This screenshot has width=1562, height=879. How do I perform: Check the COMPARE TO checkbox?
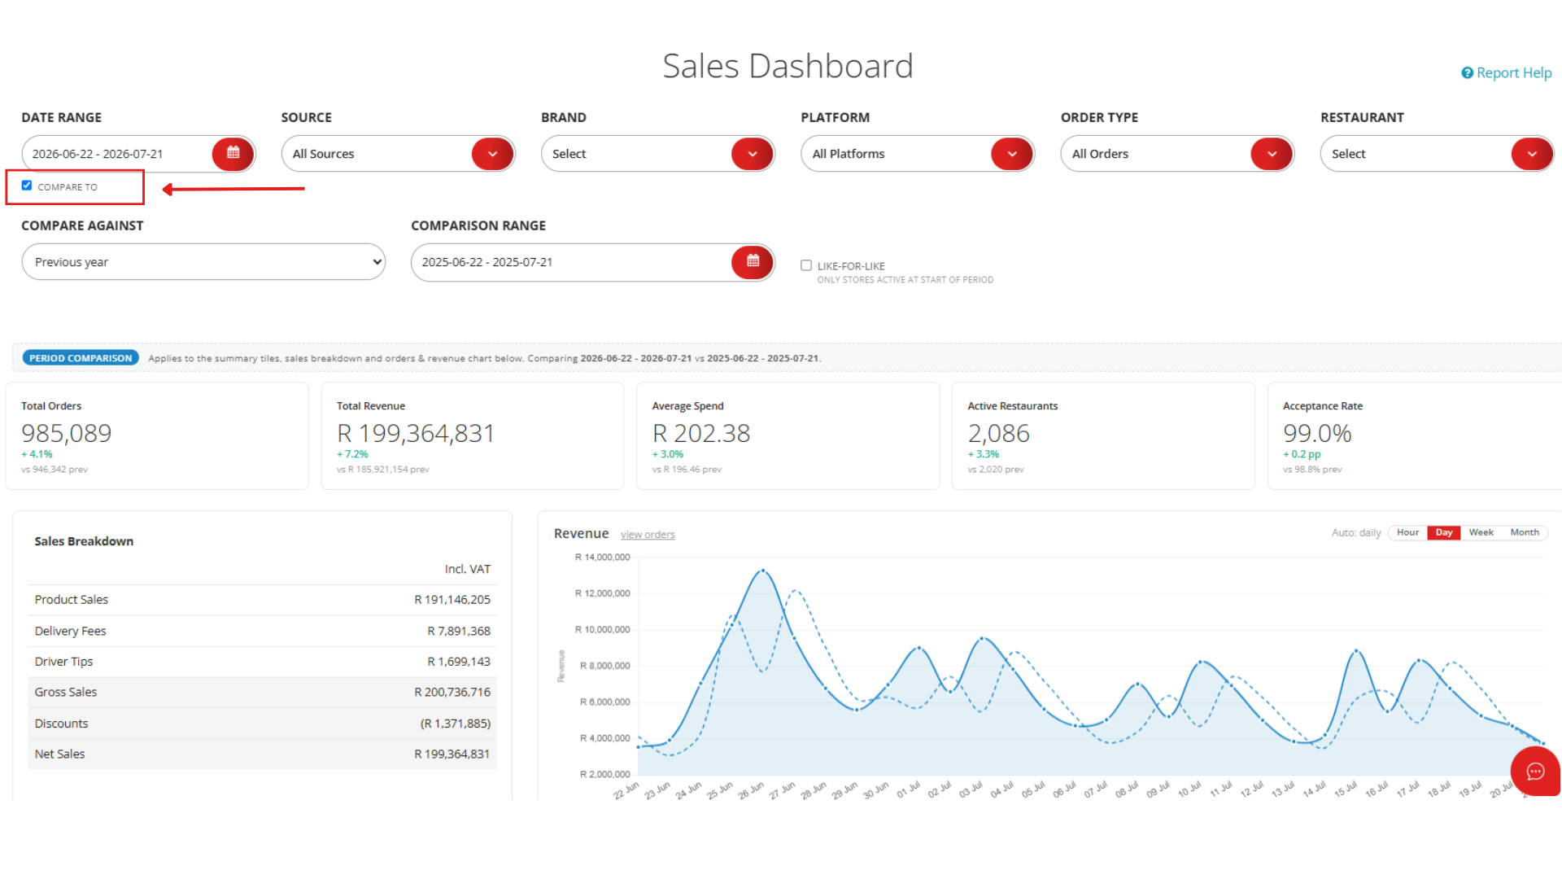click(27, 186)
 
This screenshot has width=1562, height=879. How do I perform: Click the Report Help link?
click(1507, 73)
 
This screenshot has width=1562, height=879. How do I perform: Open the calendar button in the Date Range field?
click(233, 153)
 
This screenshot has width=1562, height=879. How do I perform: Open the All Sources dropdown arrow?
click(492, 154)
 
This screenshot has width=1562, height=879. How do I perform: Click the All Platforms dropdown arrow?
click(1012, 154)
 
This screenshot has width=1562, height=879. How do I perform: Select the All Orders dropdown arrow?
click(1272, 154)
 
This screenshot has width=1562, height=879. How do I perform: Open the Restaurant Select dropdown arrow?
click(1532, 154)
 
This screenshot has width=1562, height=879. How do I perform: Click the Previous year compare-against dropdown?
click(203, 262)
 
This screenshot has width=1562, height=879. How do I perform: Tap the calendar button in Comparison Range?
click(753, 261)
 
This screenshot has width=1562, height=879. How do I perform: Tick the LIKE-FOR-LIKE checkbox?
click(806, 265)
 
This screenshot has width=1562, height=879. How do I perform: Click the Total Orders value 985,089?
click(67, 433)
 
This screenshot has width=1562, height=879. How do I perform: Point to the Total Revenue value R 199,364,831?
click(416, 433)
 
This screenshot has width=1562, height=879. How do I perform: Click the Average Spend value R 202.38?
click(701, 433)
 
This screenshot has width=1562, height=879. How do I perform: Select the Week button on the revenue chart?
click(1481, 532)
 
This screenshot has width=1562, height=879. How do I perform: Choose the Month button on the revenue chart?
click(1525, 532)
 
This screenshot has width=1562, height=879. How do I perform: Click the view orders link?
click(648, 535)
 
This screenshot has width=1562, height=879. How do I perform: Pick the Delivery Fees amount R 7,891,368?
click(459, 631)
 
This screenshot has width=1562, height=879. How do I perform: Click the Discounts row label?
click(61, 724)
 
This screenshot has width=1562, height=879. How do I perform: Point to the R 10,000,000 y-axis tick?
click(602, 630)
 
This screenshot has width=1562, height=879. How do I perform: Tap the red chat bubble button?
click(1535, 771)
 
